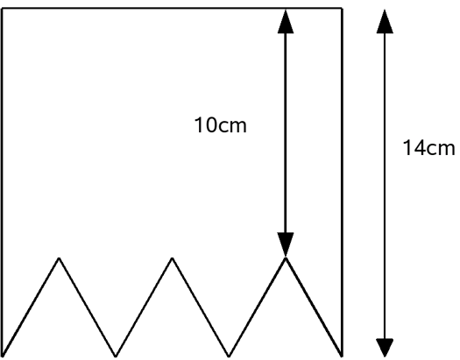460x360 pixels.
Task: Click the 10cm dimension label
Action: [x=220, y=125]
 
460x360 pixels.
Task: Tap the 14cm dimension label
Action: [x=429, y=148]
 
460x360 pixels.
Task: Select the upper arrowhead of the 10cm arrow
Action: [x=286, y=21]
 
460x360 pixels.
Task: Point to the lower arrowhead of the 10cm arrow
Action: [x=286, y=244]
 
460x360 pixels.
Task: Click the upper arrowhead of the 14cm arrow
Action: [x=385, y=21]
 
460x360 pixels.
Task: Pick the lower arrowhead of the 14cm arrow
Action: [x=385, y=348]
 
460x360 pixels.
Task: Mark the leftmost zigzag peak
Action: [x=59, y=258]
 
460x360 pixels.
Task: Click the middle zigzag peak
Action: [x=173, y=258]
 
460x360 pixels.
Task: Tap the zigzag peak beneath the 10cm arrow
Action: [x=286, y=258]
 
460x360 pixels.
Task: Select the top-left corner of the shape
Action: [x=3, y=9]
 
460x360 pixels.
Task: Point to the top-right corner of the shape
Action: [x=342, y=9]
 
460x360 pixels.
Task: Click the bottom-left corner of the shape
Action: [x=3, y=356]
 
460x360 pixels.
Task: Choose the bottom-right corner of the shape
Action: [x=342, y=356]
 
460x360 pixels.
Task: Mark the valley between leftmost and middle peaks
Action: [x=116, y=356]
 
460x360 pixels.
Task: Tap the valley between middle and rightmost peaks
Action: [x=229, y=356]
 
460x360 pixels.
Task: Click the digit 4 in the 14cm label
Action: [x=420, y=148]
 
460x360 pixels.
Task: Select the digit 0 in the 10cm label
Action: [x=210, y=125]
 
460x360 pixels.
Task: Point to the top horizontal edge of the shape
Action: [x=172, y=9]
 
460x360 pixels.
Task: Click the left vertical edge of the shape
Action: [x=3, y=182]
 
